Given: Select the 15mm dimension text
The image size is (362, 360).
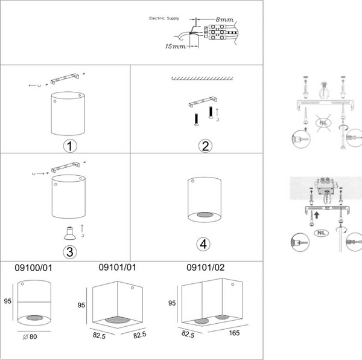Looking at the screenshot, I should coord(174,46).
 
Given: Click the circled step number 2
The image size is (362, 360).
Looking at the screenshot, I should coord(206,146).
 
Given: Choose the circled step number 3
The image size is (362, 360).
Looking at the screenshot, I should coord(71,250).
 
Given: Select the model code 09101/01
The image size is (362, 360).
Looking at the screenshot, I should coord(116,266).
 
